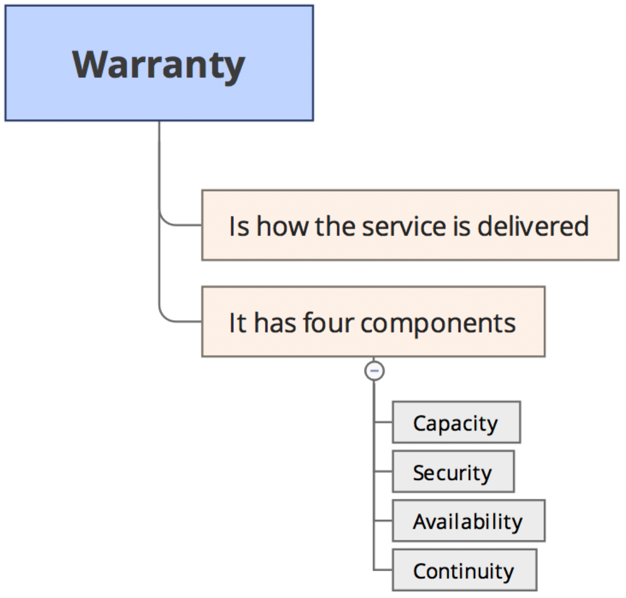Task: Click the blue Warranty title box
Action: tap(159, 63)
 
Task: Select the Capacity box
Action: tap(457, 422)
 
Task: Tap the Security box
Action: tap(453, 471)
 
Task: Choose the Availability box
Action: tap(469, 521)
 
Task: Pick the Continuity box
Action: tap(464, 570)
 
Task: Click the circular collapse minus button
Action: tap(375, 371)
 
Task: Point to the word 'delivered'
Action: tap(533, 226)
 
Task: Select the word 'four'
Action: tap(328, 322)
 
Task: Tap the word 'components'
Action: tap(438, 324)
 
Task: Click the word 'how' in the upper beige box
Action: tap(282, 226)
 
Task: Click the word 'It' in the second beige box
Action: tap(237, 323)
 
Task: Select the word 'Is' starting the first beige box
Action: tap(239, 227)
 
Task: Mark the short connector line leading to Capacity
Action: tap(383, 422)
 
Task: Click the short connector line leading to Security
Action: tap(383, 471)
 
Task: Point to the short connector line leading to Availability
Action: tap(383, 521)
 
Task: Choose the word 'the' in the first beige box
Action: tap(335, 226)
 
